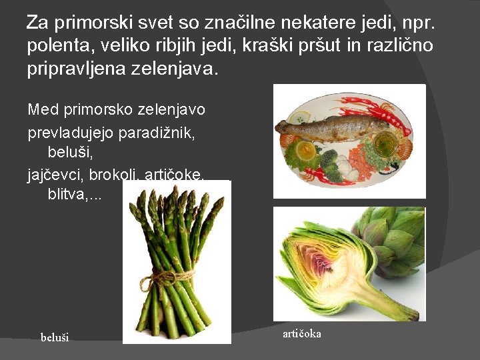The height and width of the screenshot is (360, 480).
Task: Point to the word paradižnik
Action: pos(156,133)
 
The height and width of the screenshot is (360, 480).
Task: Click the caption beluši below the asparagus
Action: pos(55,337)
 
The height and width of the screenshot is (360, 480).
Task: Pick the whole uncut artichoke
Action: pos(393,240)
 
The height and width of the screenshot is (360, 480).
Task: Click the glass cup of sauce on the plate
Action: pos(385,143)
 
